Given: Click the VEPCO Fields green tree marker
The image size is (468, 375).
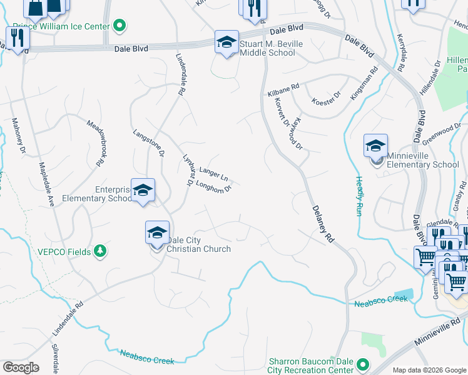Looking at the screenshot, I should (99, 251).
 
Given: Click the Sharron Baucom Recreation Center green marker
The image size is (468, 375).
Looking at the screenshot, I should (362, 364).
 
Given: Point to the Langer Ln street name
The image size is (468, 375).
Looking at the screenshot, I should (213, 172).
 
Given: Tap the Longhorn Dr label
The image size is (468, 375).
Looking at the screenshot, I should (214, 184).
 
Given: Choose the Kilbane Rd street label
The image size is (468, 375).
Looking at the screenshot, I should (283, 90).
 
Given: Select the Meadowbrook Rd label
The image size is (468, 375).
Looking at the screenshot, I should (95, 142).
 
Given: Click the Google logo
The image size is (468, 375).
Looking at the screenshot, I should (21, 367).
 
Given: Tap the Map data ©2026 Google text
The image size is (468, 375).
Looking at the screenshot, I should (429, 370).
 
